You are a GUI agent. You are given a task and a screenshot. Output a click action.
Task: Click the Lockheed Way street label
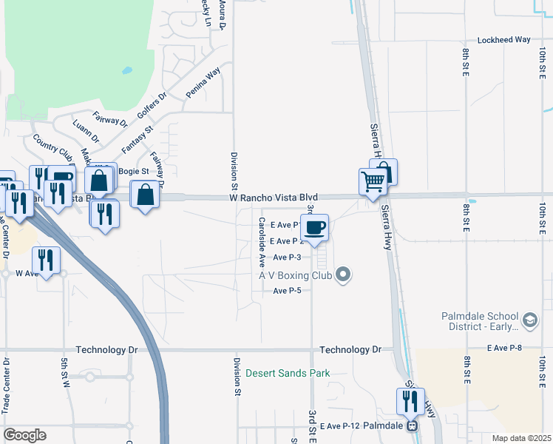505,40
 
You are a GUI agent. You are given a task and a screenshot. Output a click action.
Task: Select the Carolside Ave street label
261,242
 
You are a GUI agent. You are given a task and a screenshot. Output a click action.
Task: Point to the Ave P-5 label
287,291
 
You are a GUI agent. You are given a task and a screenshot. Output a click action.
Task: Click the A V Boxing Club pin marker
342,275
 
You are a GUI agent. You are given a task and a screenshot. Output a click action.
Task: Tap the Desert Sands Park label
288,373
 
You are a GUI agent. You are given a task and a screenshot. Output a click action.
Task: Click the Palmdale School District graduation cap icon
529,320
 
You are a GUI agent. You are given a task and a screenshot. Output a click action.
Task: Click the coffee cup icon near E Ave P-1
314,227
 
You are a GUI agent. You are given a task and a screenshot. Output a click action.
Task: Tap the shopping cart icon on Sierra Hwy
373,180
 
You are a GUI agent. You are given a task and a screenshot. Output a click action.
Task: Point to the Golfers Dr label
152,106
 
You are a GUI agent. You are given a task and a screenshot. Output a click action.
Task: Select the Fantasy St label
137,139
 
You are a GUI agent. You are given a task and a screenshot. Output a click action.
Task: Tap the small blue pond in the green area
127,71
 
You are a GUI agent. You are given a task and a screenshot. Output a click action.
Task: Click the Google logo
24,435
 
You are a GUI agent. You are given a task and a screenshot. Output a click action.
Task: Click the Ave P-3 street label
287,258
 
